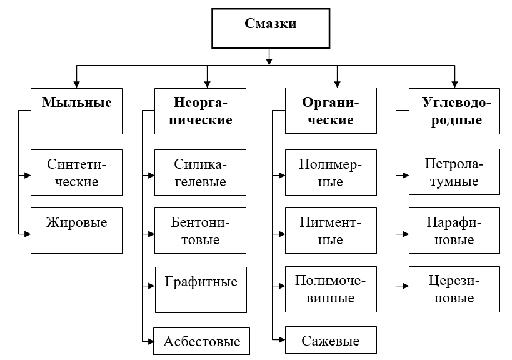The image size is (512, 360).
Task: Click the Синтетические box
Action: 76,173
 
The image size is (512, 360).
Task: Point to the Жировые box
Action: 76,230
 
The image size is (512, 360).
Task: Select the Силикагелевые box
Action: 200,173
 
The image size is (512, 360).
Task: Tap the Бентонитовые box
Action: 200,231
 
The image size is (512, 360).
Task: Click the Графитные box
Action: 200,289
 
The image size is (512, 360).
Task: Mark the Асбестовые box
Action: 201,341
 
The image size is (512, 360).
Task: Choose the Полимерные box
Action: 331,173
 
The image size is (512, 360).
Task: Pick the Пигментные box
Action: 331,231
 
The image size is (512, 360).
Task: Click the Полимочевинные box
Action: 331,289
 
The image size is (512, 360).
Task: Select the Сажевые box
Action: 331,341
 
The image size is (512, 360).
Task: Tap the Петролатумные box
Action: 454,172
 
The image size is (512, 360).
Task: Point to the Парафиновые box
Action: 454,231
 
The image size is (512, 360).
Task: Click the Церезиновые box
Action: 454,288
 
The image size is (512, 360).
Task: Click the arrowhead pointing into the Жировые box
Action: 27,234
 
